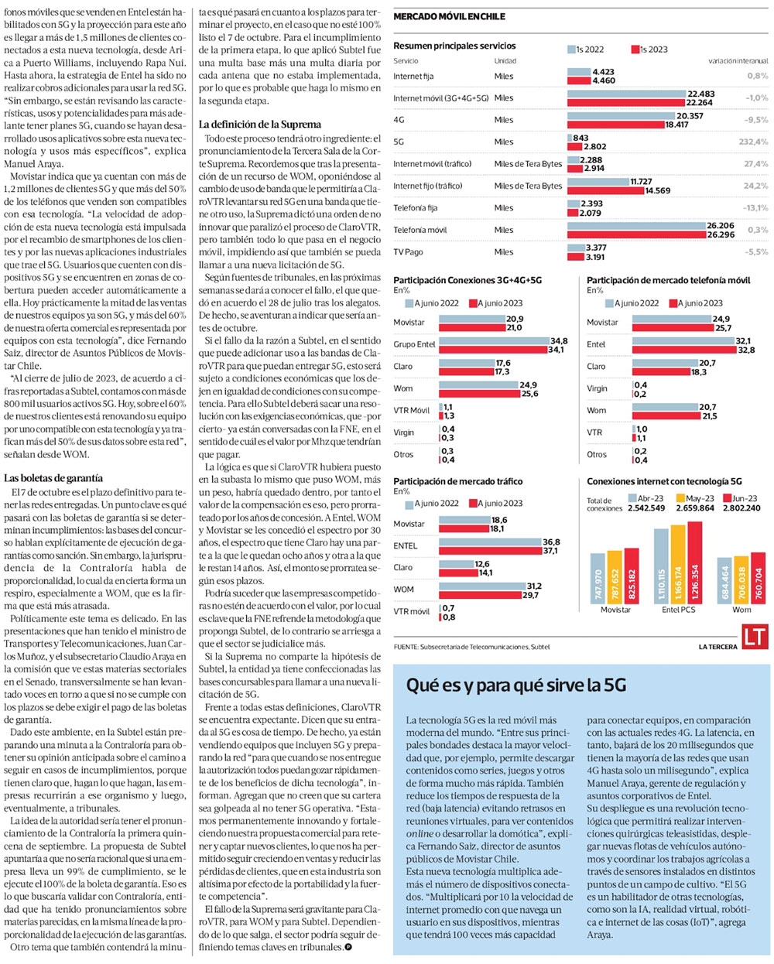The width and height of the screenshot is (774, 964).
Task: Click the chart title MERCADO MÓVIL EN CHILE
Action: [x=449, y=16]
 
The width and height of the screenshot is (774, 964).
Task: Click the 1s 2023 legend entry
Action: [x=649, y=50]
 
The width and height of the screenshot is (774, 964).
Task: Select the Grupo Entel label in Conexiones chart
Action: [x=414, y=344]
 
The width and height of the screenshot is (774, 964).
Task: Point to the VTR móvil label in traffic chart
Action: [x=411, y=612]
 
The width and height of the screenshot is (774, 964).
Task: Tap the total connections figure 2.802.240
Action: [x=741, y=508]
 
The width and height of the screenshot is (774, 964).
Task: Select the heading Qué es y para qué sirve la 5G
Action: [x=515, y=685]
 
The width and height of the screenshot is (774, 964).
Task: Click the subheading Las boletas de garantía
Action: [x=53, y=478]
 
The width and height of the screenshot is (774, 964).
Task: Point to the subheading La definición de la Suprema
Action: [x=259, y=124]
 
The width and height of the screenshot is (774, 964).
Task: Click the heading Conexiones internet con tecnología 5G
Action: [x=664, y=481]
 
